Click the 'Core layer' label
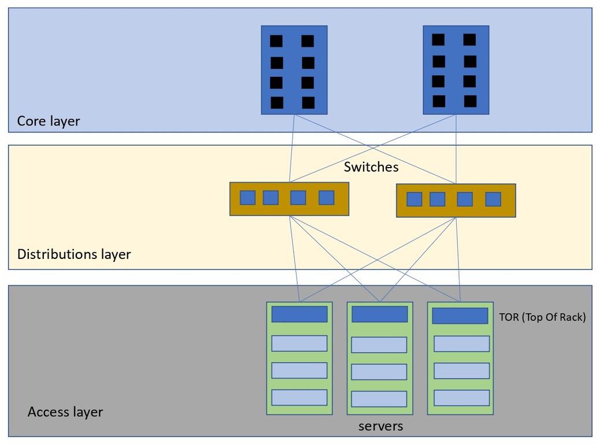(49, 121)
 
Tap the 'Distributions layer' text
(74, 254)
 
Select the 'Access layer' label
(65, 412)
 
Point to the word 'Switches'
(371, 168)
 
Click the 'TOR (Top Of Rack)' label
(542, 317)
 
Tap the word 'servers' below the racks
(380, 427)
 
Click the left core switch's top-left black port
(276, 41)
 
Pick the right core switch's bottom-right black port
(470, 101)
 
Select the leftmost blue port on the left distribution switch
(247, 198)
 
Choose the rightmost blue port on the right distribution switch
(493, 199)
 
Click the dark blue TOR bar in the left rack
(299, 314)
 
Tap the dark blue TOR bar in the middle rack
(380, 314)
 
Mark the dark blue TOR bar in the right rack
(460, 316)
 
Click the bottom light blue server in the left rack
(299, 397)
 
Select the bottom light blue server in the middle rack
(379, 399)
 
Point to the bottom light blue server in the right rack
(461, 398)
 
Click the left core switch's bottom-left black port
(277, 102)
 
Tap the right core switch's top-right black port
(469, 39)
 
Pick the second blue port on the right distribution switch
(438, 199)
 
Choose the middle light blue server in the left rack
(299, 371)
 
